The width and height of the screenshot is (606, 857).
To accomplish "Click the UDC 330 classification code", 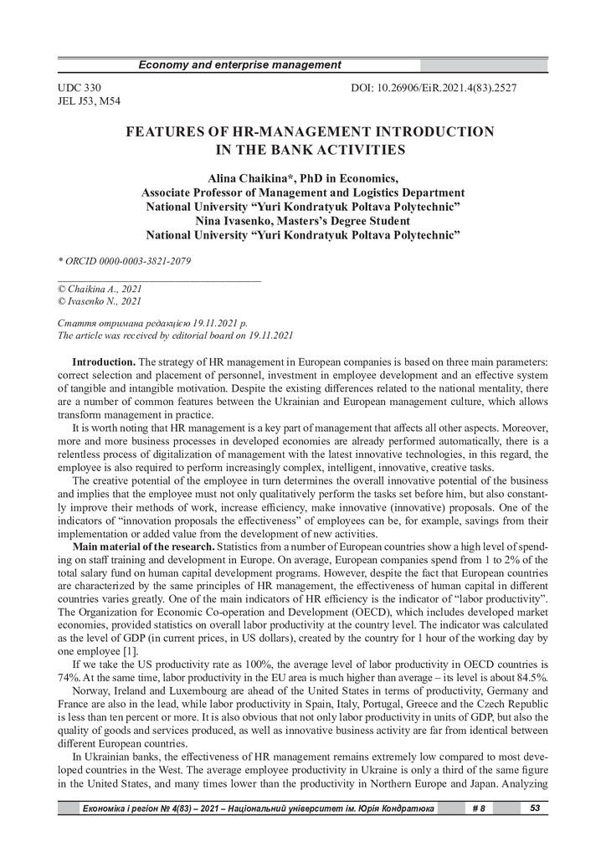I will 80,87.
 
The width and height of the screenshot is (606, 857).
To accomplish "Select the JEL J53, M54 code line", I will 89,101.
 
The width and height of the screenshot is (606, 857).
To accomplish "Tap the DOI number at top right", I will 451,87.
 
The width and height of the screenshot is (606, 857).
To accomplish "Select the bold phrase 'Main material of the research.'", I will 133,547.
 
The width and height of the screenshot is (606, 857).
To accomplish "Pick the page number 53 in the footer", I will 533,808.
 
